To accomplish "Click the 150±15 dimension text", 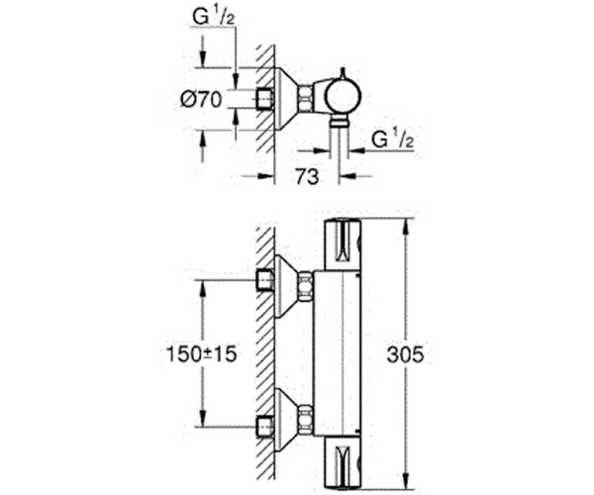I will pyautogui.click(x=201, y=353).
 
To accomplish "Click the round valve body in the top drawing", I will pyautogui.click(x=342, y=97).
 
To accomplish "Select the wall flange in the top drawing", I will pyautogui.click(x=284, y=97).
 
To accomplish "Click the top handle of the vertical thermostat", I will pyautogui.click(x=341, y=243).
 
